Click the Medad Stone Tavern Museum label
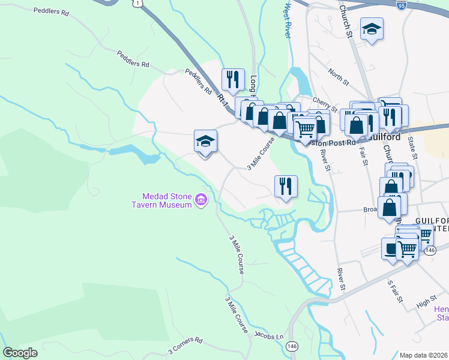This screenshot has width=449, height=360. (167, 200)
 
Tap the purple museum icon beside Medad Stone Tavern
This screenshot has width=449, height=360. (202, 199)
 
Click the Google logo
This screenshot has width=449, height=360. (20, 353)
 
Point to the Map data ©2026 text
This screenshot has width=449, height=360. (423, 355)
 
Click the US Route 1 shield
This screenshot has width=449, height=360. (139, 4)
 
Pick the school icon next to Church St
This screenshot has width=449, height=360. (372, 28)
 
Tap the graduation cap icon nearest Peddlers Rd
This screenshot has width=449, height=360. (205, 141)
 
